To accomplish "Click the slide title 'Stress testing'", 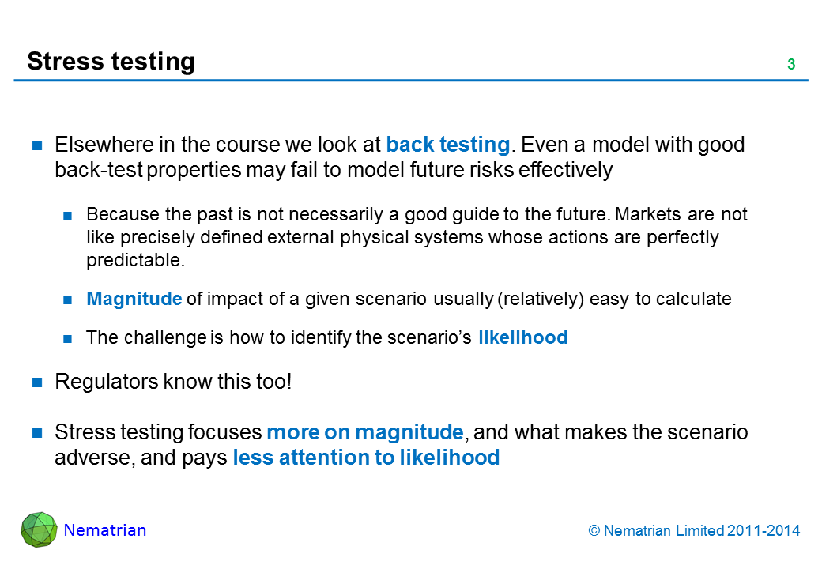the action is [x=111, y=62].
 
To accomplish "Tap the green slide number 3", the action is [x=791, y=65].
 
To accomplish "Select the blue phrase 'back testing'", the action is [x=448, y=145].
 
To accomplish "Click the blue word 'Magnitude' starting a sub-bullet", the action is [x=134, y=299].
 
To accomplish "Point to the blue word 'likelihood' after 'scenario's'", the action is [x=522, y=337].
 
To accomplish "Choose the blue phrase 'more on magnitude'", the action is [x=365, y=432].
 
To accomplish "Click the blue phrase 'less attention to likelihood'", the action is [x=366, y=458].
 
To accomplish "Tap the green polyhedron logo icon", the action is [x=39, y=529].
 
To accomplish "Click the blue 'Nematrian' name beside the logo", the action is [x=105, y=530].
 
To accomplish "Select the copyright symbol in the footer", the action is [x=594, y=531].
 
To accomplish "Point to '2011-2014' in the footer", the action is [x=764, y=531].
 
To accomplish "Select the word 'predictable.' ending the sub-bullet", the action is [x=136, y=261].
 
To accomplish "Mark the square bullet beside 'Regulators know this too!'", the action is [x=37, y=383].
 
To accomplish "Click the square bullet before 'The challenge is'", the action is [x=68, y=339].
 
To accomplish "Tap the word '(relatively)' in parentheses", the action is [x=541, y=300].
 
